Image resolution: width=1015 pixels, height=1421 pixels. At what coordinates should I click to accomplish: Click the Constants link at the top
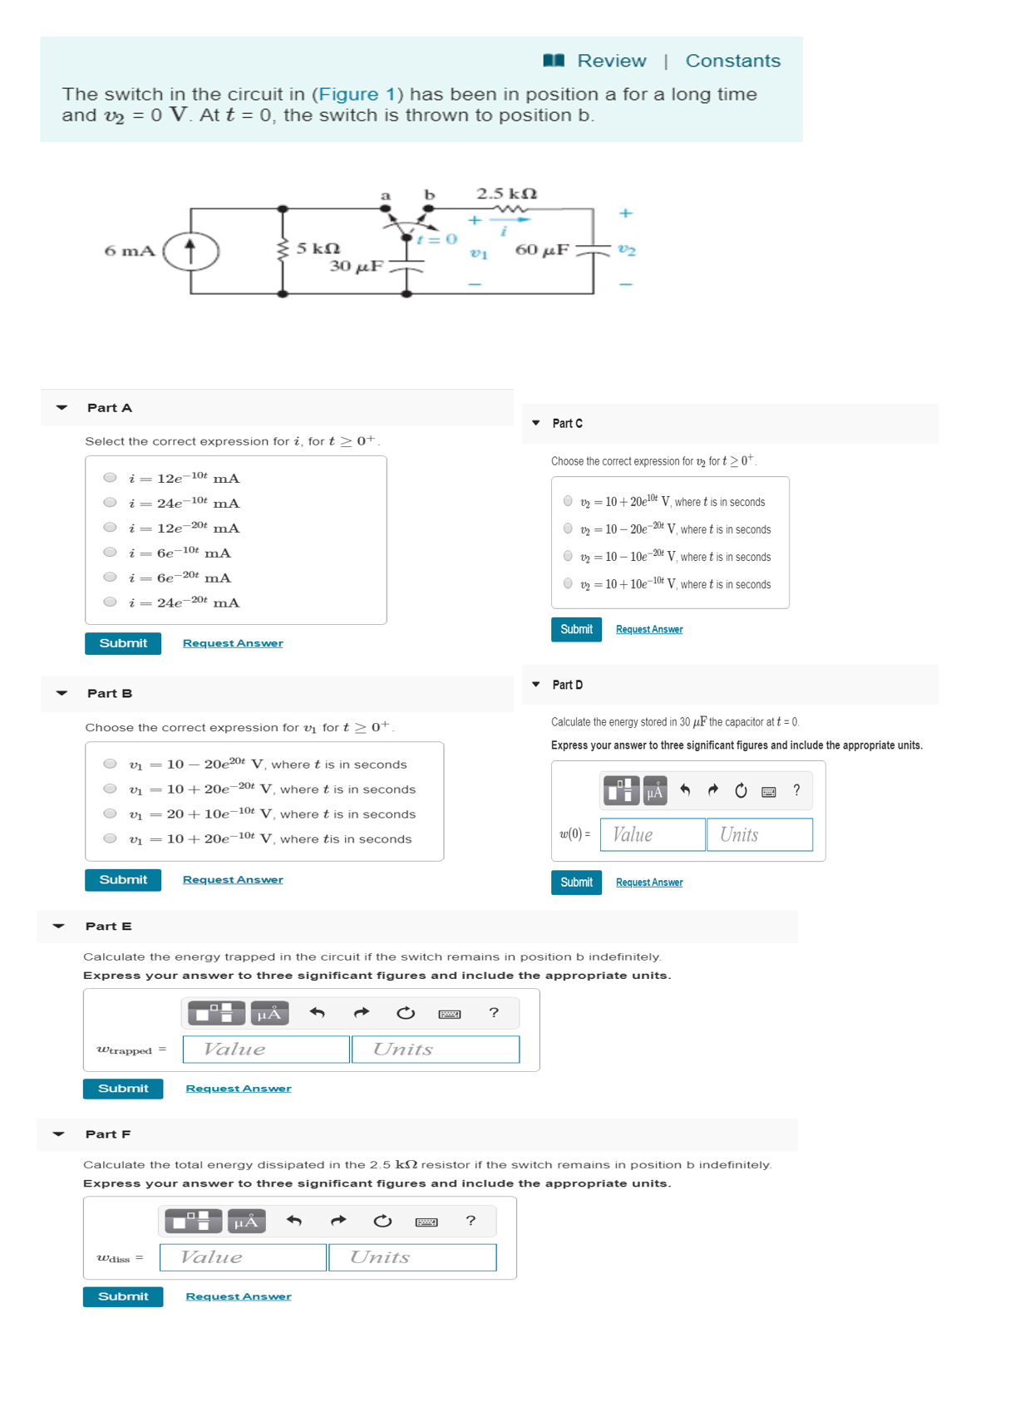[732, 61]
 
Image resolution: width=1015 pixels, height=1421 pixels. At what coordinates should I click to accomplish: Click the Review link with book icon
[595, 61]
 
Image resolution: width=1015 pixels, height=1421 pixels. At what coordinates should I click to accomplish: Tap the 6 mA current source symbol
[190, 250]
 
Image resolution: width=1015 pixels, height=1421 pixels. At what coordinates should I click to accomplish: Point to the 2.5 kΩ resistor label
[506, 194]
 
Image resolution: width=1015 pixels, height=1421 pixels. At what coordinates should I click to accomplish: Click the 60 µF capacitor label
[542, 249]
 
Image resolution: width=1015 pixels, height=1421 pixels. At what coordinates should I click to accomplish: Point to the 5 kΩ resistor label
[318, 248]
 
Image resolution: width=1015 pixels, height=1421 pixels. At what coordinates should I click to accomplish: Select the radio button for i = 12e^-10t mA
[110, 478]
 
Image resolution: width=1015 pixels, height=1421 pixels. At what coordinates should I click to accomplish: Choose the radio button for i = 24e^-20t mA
[110, 602]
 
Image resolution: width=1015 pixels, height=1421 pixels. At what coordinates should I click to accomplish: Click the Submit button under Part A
[123, 643]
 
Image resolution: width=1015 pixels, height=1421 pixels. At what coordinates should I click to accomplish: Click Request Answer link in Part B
[233, 879]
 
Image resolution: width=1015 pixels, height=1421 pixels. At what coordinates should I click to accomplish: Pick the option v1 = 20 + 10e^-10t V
[110, 814]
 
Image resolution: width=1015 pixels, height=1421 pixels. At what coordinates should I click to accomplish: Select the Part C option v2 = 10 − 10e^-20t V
[568, 556]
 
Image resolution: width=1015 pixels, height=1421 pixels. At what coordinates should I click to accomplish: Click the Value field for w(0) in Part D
[653, 834]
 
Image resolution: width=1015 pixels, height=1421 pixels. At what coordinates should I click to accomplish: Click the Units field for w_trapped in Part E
[436, 1049]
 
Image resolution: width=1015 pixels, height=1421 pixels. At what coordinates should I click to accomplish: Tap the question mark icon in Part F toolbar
[471, 1221]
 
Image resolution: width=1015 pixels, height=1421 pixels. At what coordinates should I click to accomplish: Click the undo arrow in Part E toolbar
[317, 1012]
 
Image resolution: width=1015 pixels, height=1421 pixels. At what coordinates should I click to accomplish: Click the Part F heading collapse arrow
[58, 1133]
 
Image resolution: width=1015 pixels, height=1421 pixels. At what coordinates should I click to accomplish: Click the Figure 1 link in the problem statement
[357, 94]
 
